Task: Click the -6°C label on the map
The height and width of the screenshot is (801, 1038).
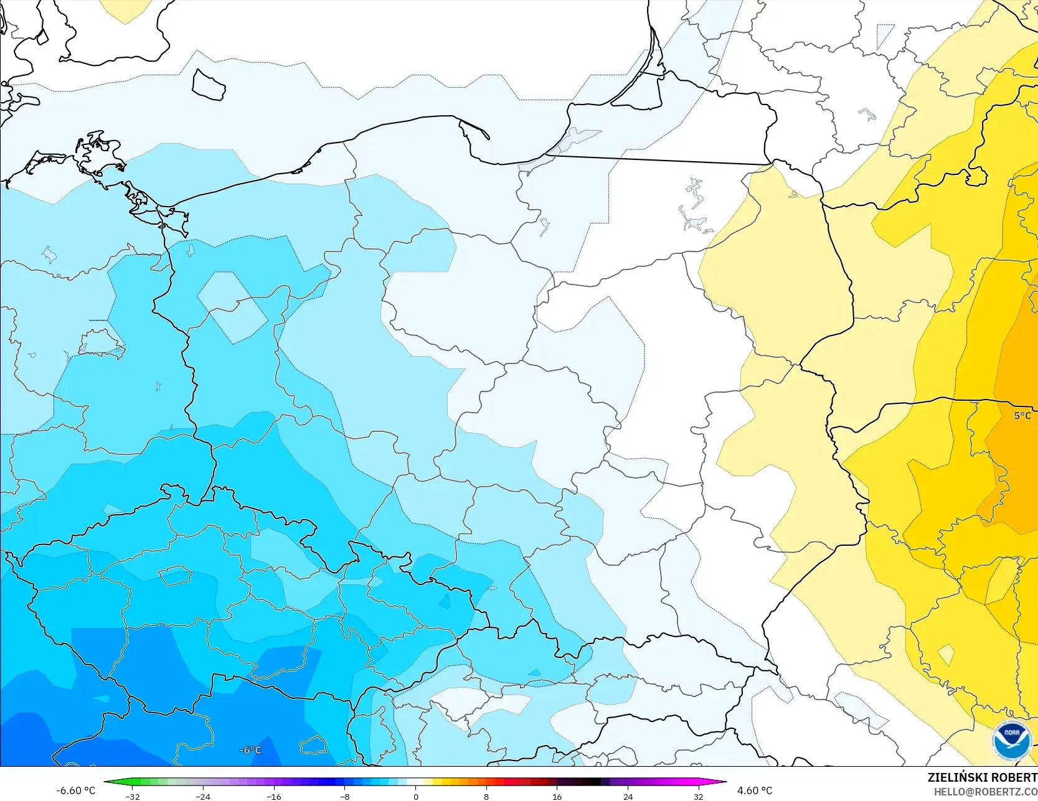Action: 250,750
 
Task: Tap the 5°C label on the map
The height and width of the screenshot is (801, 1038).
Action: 1022,416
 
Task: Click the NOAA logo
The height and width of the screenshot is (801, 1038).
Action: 1012,741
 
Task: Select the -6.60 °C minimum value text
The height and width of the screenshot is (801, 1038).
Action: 76,790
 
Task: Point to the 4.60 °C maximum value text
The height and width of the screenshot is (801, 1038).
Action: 755,790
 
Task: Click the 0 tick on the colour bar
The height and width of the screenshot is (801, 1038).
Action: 415,796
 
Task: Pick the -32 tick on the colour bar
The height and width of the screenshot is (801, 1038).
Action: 132,796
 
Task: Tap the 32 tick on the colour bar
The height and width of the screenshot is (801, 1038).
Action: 699,796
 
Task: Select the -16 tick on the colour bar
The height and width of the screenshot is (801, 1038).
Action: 274,796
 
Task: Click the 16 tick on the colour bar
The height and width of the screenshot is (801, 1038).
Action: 557,796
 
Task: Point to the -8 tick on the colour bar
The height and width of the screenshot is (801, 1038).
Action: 345,796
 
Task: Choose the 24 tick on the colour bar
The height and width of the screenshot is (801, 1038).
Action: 628,796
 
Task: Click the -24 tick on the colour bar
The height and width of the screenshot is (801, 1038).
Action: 203,796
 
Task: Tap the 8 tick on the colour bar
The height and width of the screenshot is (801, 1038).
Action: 486,796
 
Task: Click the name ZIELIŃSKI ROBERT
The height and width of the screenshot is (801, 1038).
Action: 982,777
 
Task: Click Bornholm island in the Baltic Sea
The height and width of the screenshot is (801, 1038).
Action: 209,85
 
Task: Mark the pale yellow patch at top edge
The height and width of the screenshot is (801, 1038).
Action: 125,9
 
